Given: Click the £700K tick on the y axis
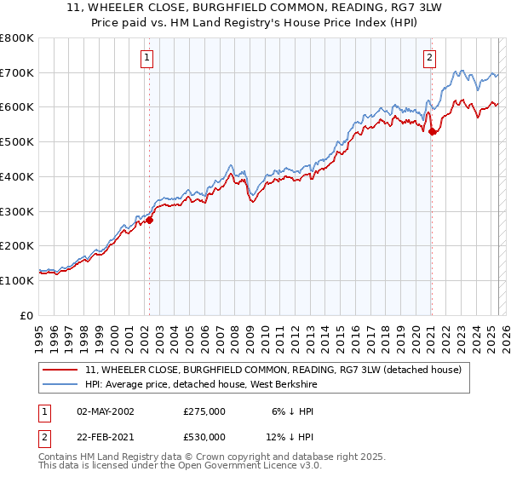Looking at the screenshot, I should coord(17,73).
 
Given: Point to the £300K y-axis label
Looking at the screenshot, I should coord(17,211).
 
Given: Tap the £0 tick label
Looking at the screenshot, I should coord(26,315).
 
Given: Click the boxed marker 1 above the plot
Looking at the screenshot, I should coord(148,59).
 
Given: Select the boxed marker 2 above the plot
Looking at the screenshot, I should coord(430,59).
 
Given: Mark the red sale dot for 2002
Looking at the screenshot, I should coord(149,220).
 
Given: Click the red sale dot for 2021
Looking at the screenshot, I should coord(432,131).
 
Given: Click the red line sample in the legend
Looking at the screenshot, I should coord(60,370).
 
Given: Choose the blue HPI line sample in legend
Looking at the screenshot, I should coord(60,384).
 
